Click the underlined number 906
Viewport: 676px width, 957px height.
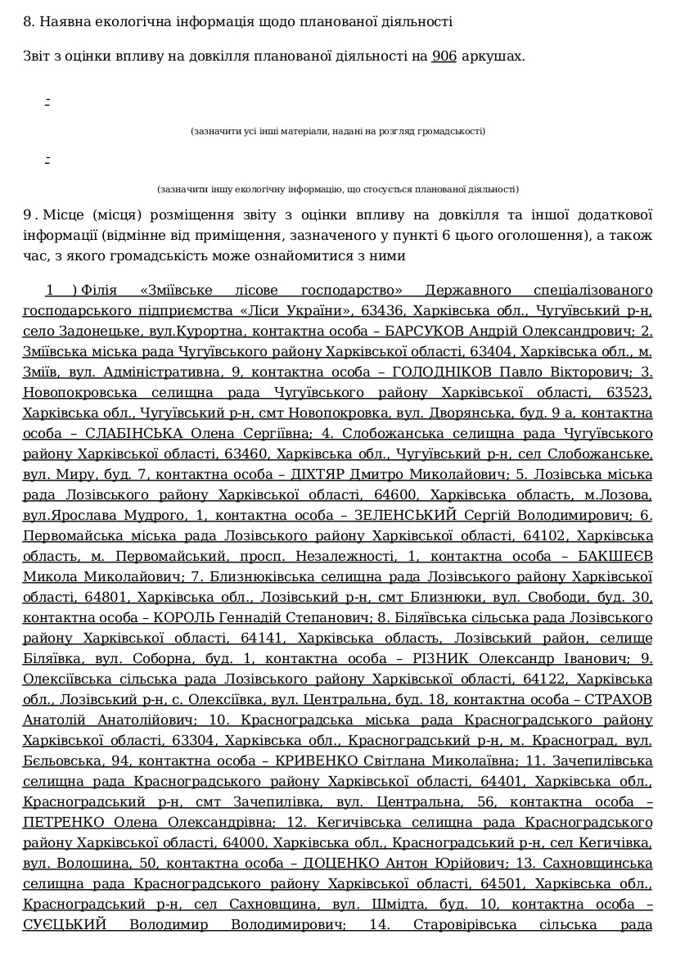point(444,56)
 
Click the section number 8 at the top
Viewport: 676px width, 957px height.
point(27,21)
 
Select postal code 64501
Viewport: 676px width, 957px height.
point(505,884)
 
